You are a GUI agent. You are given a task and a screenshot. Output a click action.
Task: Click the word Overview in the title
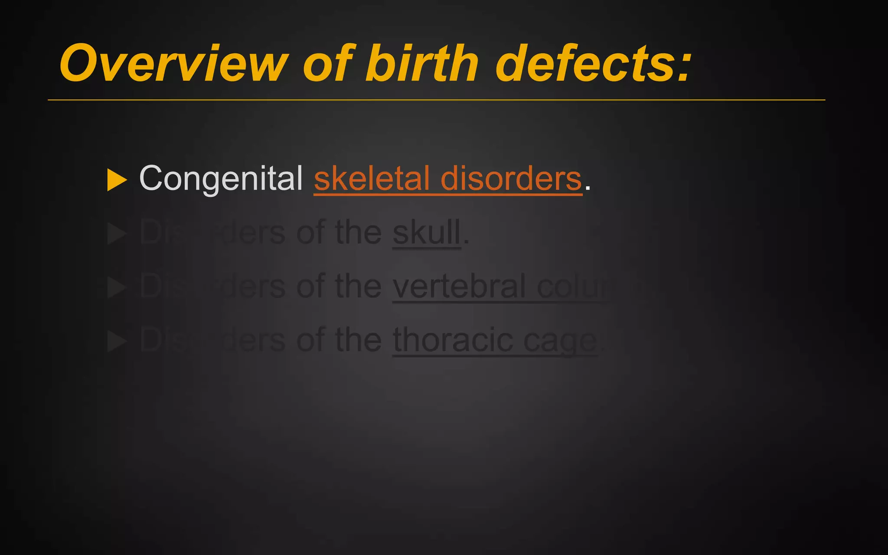click(x=173, y=63)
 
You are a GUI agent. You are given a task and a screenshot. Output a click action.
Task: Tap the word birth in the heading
click(x=421, y=63)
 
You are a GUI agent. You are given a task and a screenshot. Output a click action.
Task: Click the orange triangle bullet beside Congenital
click(x=116, y=180)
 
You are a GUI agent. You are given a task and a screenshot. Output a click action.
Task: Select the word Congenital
click(x=221, y=179)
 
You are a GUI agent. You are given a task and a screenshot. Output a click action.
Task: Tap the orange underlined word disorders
click(x=511, y=179)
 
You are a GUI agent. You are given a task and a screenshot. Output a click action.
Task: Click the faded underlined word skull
click(x=426, y=233)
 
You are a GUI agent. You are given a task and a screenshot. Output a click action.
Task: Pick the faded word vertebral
click(x=460, y=287)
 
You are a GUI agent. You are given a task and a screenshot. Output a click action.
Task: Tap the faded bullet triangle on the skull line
click(x=116, y=234)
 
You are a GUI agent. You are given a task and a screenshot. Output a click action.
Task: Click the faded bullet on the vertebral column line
click(x=116, y=287)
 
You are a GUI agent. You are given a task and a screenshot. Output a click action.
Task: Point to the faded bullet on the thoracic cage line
click(x=116, y=341)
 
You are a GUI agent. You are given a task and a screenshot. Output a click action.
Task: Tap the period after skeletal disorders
click(x=588, y=188)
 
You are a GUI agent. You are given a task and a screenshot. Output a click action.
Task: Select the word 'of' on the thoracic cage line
click(x=310, y=340)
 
